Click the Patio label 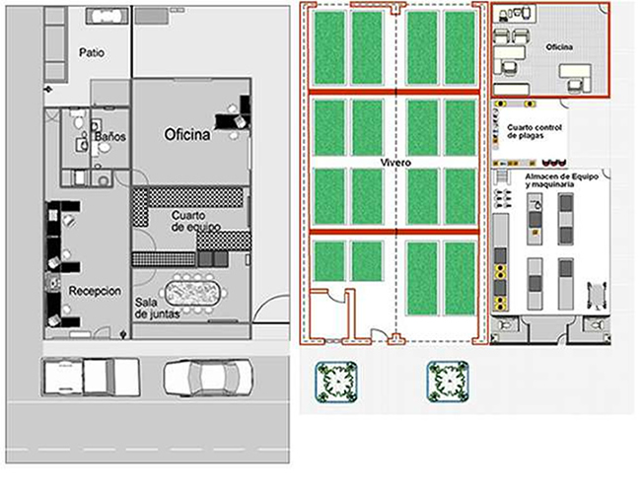tap(92, 53)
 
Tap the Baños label tap(109, 136)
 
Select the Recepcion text tap(95, 291)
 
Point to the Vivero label tap(395, 163)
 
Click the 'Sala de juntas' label tap(157, 309)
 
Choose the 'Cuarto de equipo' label tap(196, 222)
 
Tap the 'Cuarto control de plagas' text tap(535, 131)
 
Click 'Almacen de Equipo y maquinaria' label tap(561, 180)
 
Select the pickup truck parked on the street tap(91, 377)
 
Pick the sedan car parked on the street tap(208, 378)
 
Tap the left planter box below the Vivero tap(336, 382)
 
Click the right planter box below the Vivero tap(448, 382)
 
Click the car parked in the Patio tap(106, 16)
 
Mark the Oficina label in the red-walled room tap(559, 47)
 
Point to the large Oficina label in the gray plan tap(187, 134)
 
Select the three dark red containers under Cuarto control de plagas tap(554, 163)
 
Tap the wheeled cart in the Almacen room tap(597, 294)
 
